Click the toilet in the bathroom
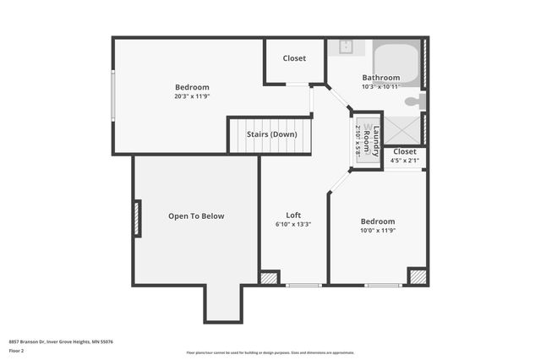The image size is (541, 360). point(413,101)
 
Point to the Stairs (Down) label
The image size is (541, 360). point(271,134)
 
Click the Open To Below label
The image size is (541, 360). point(196,216)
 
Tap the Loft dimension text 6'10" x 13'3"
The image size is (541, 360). point(293,225)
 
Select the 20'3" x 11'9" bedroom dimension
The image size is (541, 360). point(192,96)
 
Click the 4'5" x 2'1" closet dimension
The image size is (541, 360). point(404,161)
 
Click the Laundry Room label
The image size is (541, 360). point(371,138)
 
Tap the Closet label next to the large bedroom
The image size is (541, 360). point(294,58)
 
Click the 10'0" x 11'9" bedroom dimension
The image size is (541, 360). point(378,231)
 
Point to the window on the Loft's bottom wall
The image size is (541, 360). point(303,285)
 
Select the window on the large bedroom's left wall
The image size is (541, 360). point(112,96)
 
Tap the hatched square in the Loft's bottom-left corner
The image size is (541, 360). point(269,277)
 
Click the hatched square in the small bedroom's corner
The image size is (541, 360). point(417,276)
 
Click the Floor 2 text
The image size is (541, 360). point(16,350)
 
